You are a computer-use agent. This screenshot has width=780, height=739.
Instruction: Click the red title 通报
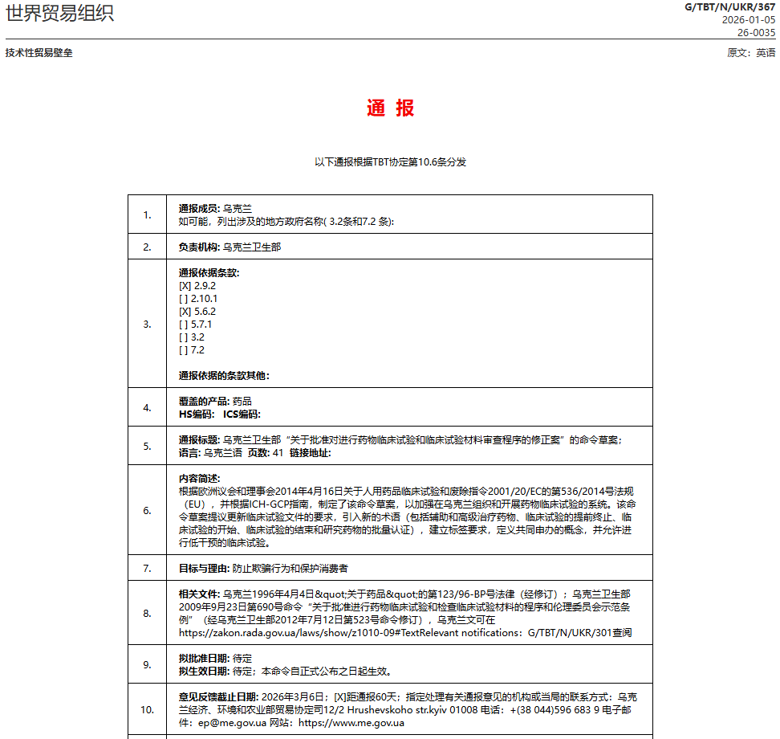pos(390,108)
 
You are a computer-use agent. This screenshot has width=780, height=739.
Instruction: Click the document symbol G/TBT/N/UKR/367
pos(729,7)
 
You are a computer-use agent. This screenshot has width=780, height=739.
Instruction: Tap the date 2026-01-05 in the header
pos(749,20)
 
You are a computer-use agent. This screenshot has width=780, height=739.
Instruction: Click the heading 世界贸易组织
pos(59,14)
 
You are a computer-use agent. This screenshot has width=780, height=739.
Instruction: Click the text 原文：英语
pos(751,53)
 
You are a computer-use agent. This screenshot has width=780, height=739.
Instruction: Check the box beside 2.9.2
pos(185,286)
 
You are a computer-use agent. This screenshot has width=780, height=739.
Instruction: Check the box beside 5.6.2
pos(185,312)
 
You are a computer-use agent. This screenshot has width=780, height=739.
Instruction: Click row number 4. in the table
pos(147,407)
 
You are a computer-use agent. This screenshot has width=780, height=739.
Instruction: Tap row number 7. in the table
pos(147,568)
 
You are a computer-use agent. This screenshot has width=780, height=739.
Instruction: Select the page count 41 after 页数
pos(278,453)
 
